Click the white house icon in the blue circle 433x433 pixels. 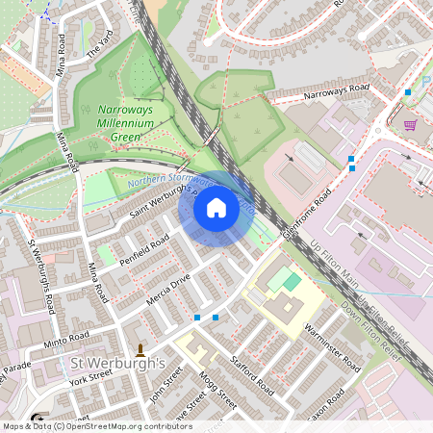click(x=216, y=208)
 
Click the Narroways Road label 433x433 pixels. click(x=336, y=89)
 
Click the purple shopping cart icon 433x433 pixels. click(x=410, y=124)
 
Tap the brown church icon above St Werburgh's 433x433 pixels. click(x=140, y=348)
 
